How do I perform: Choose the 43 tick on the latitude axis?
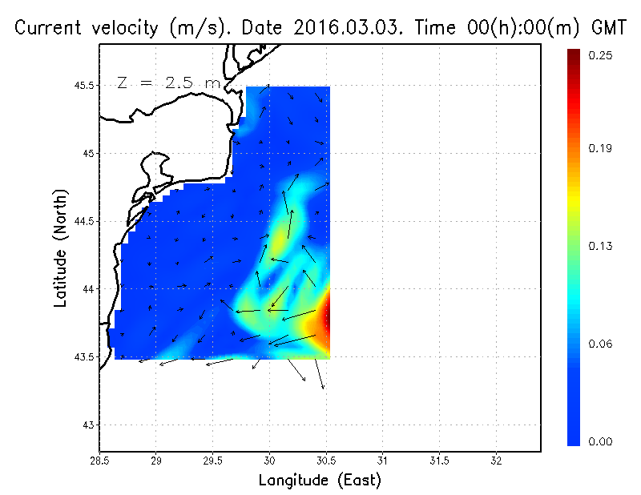coord(88,425)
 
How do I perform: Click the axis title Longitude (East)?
coord(320,481)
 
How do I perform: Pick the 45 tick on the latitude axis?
coord(88,153)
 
